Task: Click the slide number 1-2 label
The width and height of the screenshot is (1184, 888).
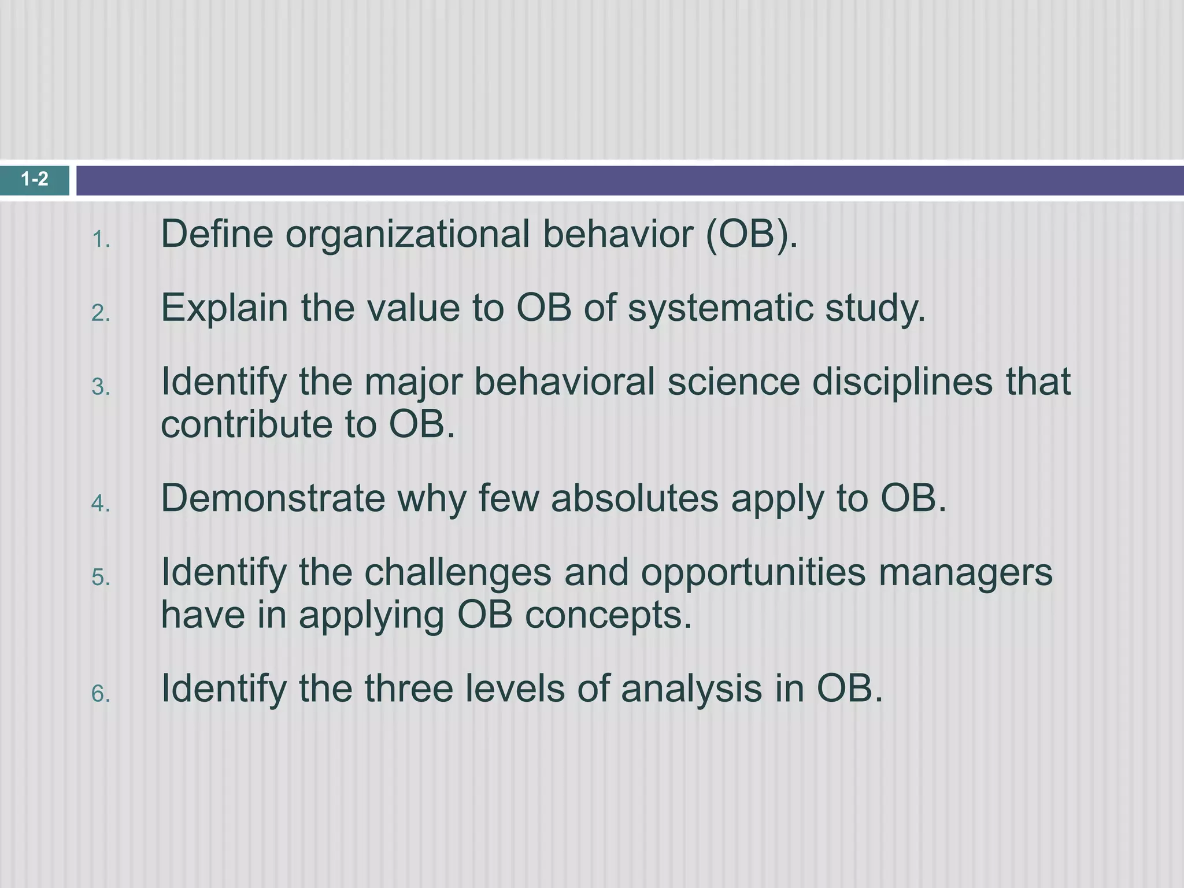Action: point(35,180)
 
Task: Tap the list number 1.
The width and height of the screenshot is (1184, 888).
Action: point(101,239)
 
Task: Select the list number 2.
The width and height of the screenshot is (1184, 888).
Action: point(101,313)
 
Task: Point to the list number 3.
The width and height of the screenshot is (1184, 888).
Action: point(101,387)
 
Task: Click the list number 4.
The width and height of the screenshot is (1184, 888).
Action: point(101,504)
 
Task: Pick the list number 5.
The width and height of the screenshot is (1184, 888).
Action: point(101,577)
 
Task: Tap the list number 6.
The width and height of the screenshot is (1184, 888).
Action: point(101,694)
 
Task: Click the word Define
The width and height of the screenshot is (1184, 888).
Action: point(217,234)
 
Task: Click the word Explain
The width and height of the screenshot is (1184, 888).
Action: point(224,308)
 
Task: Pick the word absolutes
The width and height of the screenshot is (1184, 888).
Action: point(634,498)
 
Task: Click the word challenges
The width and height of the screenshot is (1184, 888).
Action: point(457,573)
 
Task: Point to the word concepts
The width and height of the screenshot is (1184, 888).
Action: point(608,616)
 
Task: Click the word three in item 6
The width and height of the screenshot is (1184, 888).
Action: point(408,689)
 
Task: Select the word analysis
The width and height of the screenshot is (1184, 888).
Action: point(691,690)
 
